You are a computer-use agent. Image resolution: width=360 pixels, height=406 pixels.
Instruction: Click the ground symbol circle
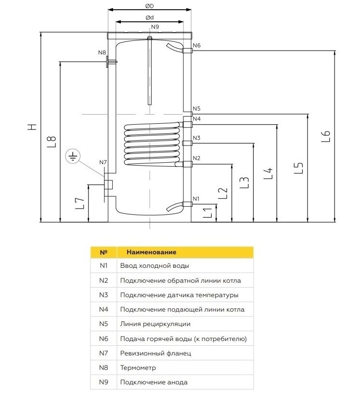[73, 157]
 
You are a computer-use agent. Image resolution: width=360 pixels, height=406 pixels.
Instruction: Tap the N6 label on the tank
[196, 46]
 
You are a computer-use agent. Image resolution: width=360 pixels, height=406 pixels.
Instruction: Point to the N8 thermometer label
[102, 52]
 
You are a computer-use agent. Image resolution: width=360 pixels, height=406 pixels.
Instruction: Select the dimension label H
[31, 127]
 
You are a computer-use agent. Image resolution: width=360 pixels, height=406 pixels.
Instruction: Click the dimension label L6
[326, 136]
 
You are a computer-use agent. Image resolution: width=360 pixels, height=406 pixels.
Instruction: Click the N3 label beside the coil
[196, 138]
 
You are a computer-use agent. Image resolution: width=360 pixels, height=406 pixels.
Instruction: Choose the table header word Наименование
[151, 252]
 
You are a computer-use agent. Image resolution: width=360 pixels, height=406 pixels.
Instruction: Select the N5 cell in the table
[103, 324]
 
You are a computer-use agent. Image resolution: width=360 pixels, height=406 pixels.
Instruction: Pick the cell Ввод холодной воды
[154, 266]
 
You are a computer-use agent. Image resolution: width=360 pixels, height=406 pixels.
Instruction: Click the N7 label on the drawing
[103, 162]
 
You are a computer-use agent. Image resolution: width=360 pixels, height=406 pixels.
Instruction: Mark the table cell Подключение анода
[154, 382]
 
